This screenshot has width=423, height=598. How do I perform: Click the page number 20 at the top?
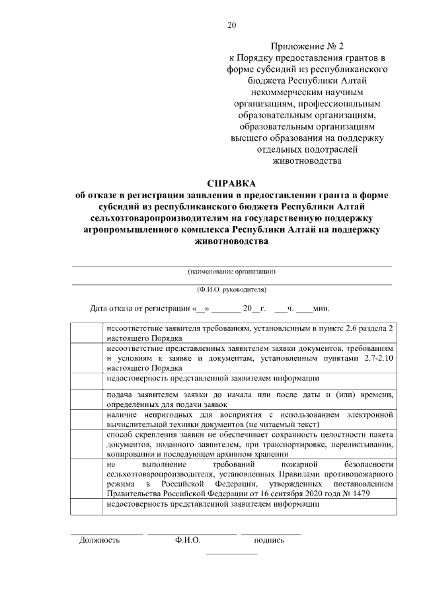point(231,25)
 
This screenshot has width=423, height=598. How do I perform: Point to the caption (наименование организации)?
point(231,272)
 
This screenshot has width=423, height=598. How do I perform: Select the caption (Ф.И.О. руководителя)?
point(231,290)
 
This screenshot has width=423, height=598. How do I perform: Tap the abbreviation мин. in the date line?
point(321,309)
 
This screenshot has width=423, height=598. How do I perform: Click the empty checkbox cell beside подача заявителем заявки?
point(87,399)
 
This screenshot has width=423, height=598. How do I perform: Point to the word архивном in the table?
point(235,455)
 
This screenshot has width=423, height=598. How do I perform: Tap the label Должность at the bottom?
point(99,540)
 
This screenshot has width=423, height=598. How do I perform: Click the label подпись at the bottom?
point(269,540)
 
